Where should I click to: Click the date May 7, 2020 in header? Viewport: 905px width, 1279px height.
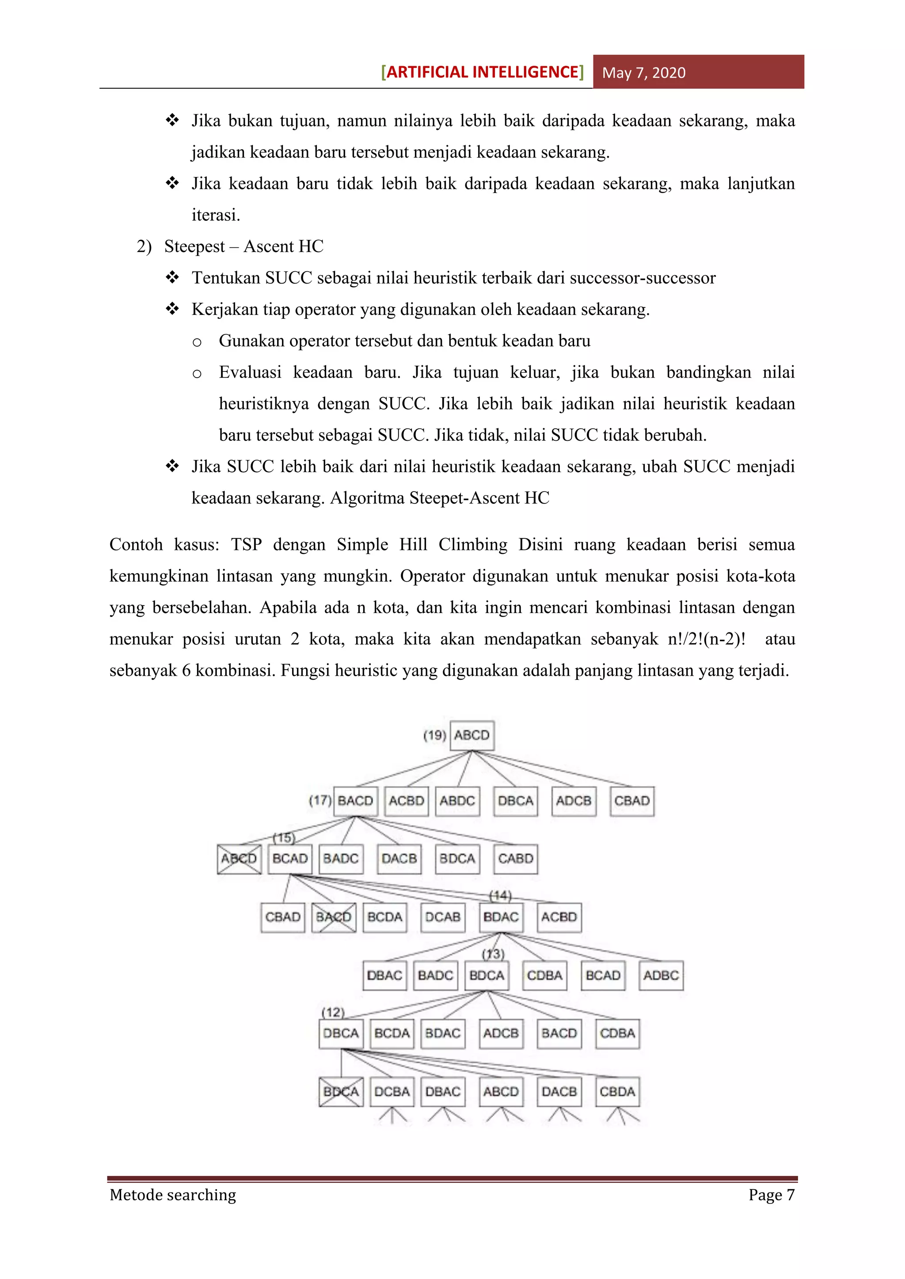tap(644, 73)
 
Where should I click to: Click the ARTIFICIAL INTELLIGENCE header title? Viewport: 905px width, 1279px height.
tap(483, 72)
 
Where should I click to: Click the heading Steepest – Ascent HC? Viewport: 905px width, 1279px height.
tap(243, 246)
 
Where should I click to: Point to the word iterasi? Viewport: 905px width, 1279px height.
tap(216, 215)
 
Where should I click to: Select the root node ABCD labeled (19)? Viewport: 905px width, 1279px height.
tap(472, 735)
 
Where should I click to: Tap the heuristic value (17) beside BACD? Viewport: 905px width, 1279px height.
tap(320, 801)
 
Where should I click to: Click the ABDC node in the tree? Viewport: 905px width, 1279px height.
tap(457, 801)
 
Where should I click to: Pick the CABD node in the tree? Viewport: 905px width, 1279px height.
tap(516, 859)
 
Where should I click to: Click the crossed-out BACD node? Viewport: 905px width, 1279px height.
tap(333, 917)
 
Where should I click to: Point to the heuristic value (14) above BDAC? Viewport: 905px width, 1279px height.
tap(500, 895)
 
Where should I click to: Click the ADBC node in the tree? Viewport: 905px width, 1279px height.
tap(661, 976)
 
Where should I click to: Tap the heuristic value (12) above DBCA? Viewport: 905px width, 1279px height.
tap(333, 1012)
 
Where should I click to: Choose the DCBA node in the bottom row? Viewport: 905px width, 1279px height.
tap(392, 1092)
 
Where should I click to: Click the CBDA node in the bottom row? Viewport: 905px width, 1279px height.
tap(617, 1092)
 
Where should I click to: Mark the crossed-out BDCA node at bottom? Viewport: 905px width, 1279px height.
tap(341, 1092)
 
